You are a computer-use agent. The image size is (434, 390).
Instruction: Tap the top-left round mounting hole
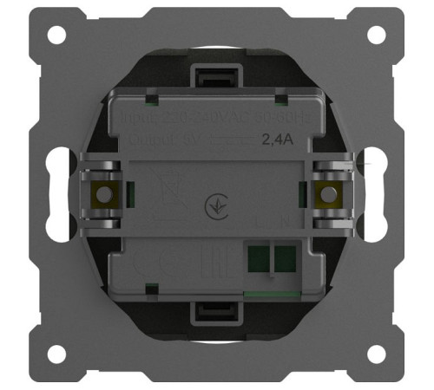click(x=56, y=36)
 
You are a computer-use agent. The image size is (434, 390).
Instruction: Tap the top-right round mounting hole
click(x=378, y=36)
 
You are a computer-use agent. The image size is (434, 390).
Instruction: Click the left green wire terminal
click(x=258, y=257)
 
